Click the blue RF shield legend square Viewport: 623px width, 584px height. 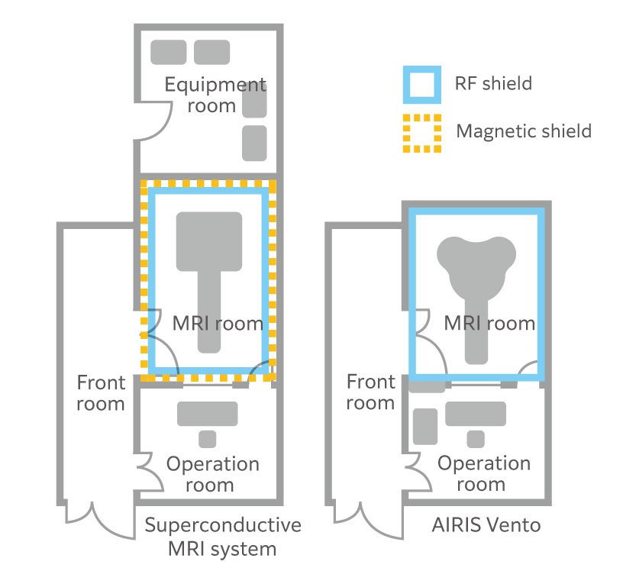pyautogui.click(x=421, y=84)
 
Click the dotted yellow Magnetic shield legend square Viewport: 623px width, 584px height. pyautogui.click(x=421, y=132)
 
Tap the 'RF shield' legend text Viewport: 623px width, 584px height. pyautogui.click(x=494, y=82)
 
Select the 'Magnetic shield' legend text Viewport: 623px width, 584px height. pyautogui.click(x=524, y=131)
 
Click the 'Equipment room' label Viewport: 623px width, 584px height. pyautogui.click(x=216, y=95)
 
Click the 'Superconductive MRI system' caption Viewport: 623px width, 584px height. pyautogui.click(x=222, y=537)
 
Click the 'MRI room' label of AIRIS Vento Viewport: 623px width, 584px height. pyautogui.click(x=489, y=323)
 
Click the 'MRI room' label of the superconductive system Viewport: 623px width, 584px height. pyautogui.click(x=218, y=323)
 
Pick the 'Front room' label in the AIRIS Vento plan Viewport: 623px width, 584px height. pyautogui.click(x=371, y=392)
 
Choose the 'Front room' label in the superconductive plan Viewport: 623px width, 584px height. pyautogui.click(x=100, y=392)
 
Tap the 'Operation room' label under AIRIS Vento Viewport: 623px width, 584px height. pyautogui.click(x=483, y=473)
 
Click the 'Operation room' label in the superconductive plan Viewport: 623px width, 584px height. pyautogui.click(x=213, y=474)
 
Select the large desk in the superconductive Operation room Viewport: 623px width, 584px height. pyautogui.click(x=207, y=413)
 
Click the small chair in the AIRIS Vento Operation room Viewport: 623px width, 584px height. pyautogui.click(x=476, y=439)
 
